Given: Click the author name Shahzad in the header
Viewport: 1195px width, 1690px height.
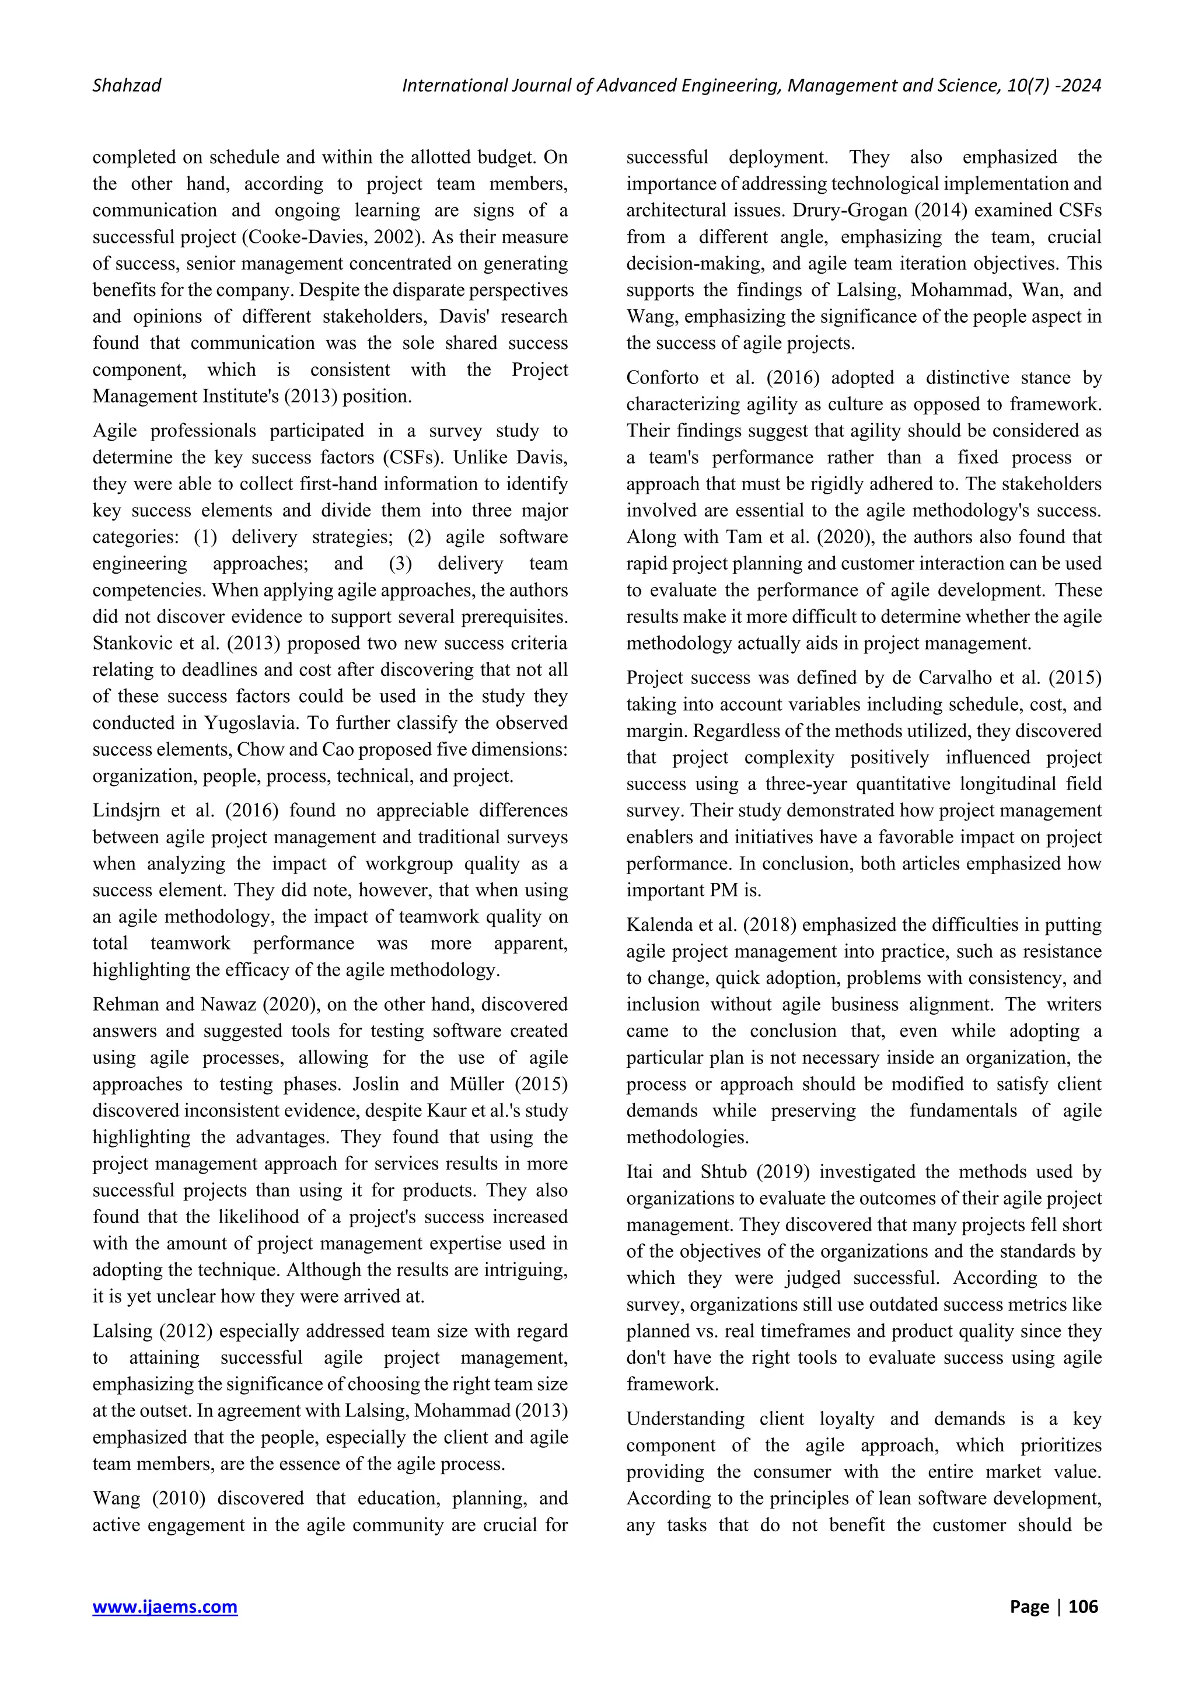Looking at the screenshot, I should point(127,85).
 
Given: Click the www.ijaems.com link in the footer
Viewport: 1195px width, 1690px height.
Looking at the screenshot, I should point(165,1606).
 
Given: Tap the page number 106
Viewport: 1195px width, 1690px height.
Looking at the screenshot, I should point(1083,1606).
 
